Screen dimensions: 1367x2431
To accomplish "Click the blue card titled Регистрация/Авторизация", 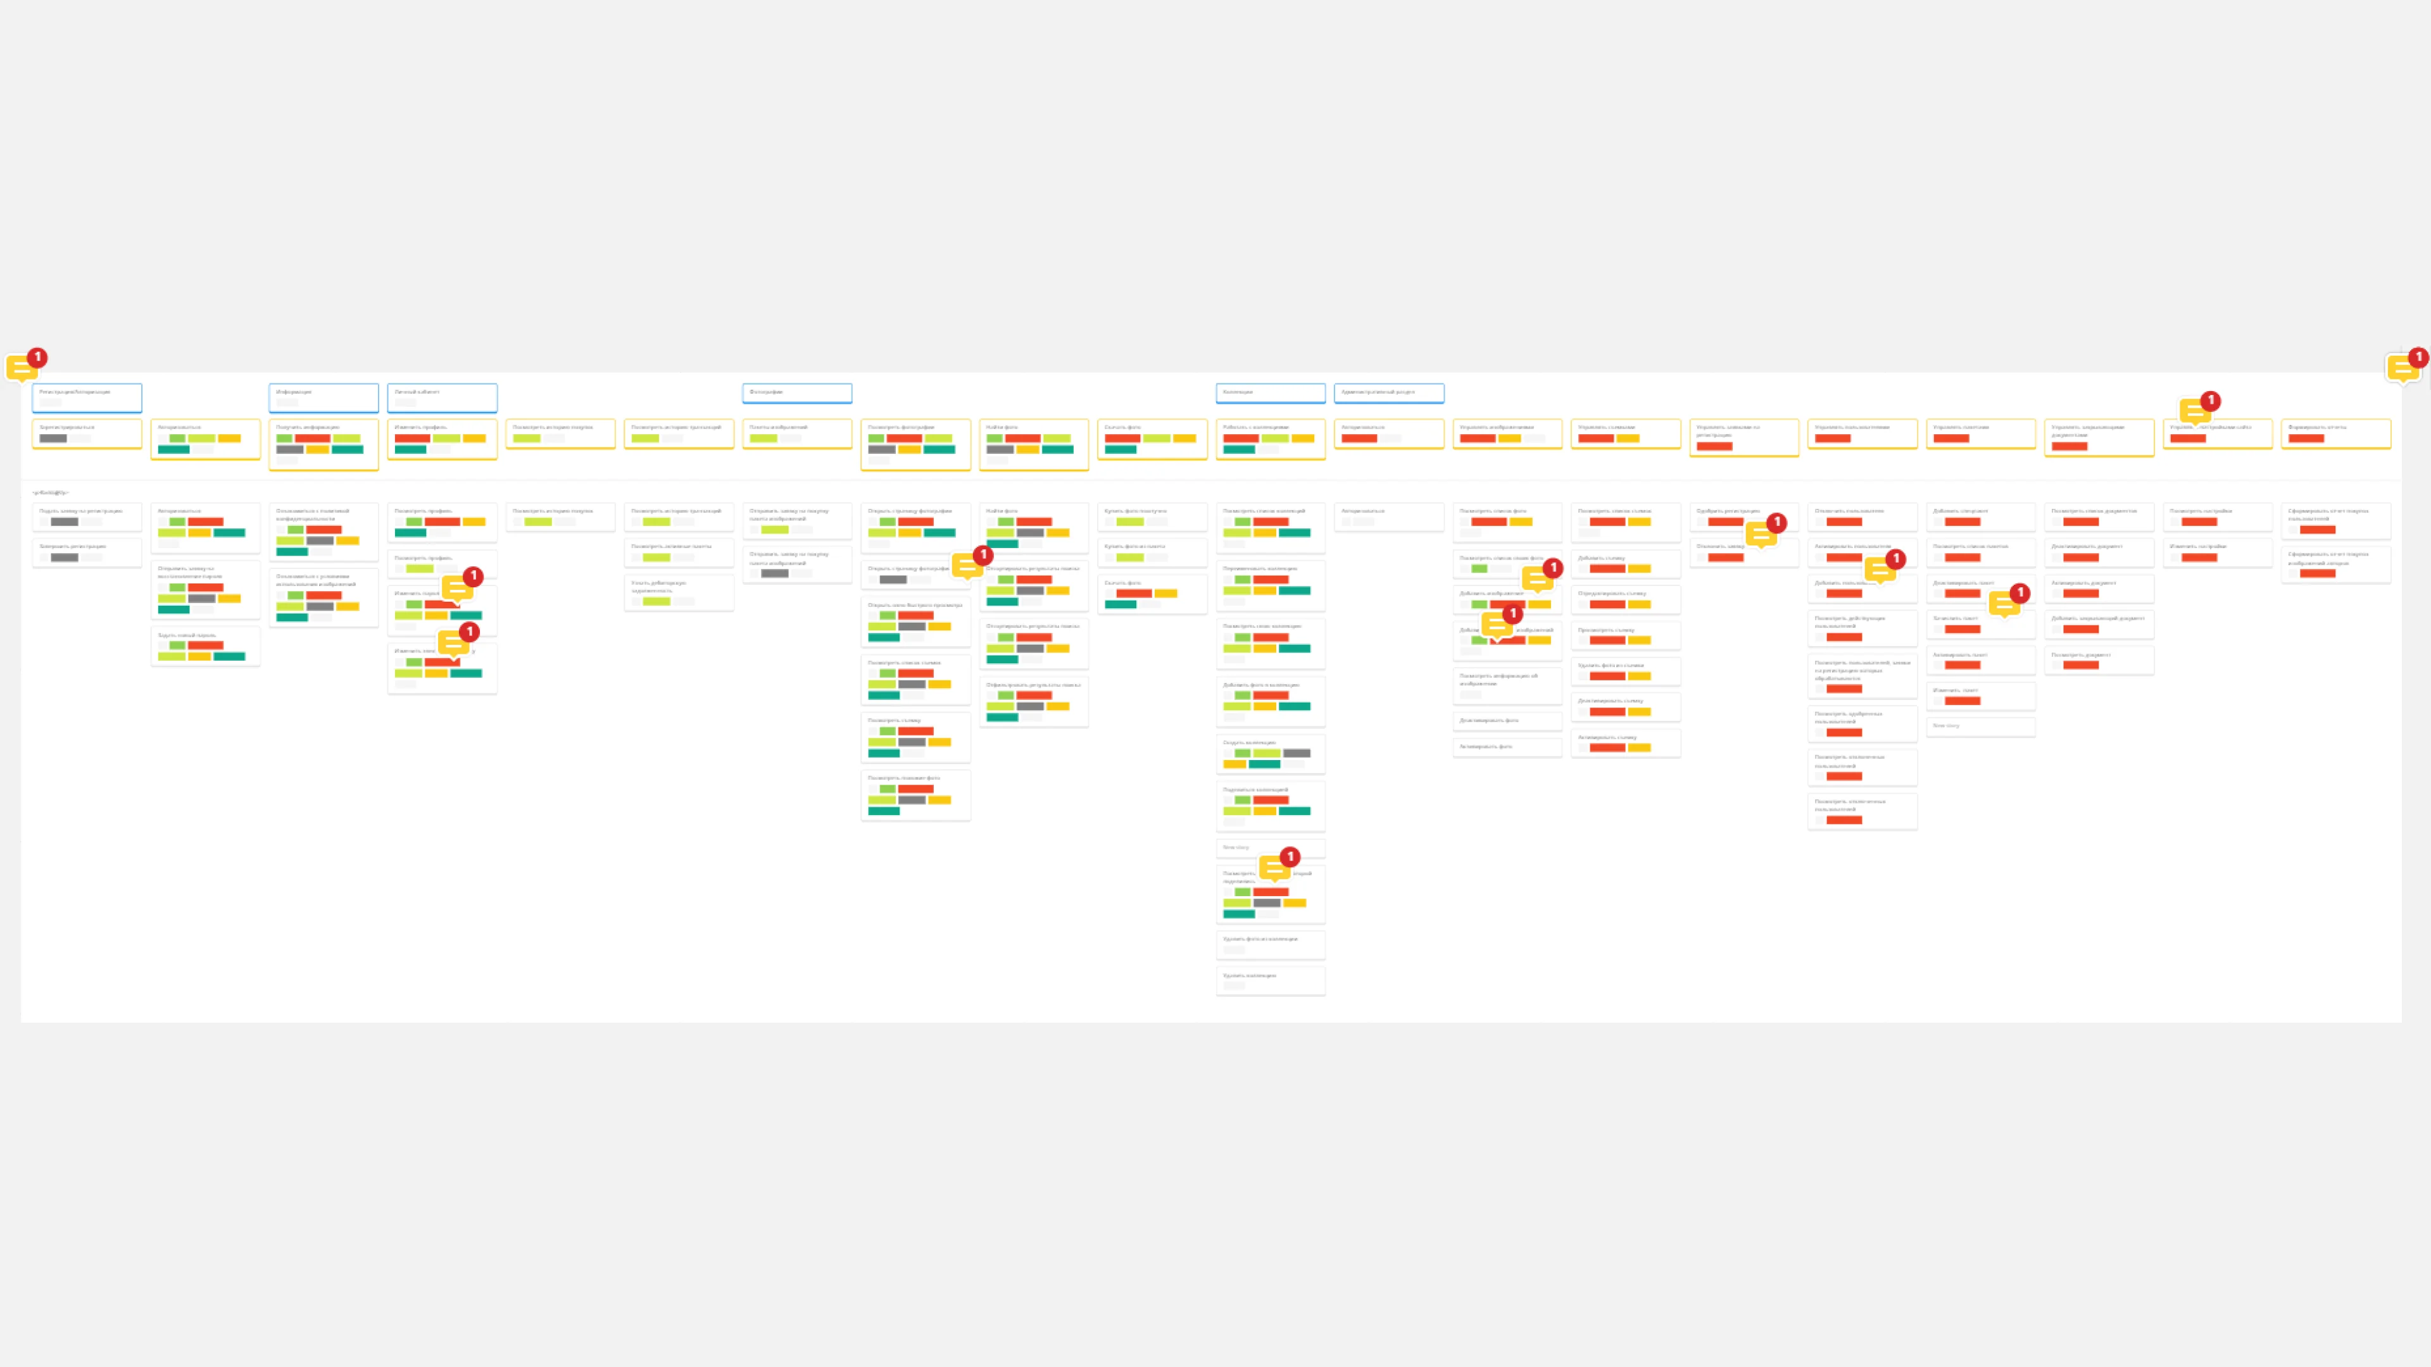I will coord(87,397).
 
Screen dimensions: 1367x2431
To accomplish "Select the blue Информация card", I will coord(323,397).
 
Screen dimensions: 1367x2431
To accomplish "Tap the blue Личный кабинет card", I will coord(442,397).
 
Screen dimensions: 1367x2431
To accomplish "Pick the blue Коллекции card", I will coord(1270,392).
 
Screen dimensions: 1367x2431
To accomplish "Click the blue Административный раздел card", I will coord(1388,392).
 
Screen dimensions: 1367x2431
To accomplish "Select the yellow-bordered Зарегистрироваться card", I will coord(87,434).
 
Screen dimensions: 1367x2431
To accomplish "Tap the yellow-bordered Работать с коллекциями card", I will coord(1270,439).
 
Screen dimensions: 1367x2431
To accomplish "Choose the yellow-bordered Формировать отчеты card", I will coord(2335,434).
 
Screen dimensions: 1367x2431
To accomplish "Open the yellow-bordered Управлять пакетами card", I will coord(1980,434).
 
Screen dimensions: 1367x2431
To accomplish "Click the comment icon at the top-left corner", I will coord(21,367).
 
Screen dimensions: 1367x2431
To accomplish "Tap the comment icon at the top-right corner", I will coord(2402,367).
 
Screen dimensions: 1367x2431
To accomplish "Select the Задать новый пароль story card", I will coord(204,646).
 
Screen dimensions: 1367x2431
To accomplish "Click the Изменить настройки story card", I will coord(2217,552).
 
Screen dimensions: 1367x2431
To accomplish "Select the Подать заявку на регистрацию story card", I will coord(87,516).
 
